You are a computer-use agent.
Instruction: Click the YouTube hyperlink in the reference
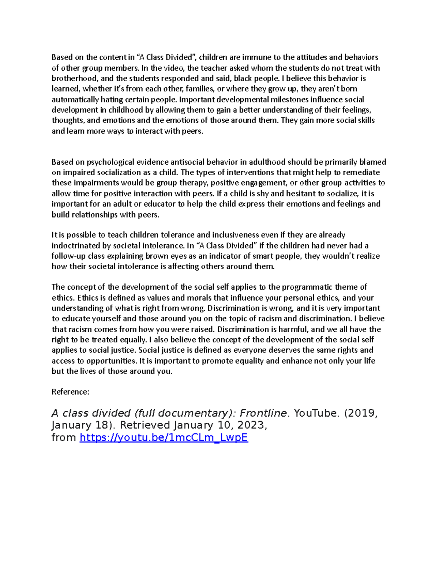(x=164, y=437)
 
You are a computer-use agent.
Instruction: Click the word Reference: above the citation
(x=70, y=392)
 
